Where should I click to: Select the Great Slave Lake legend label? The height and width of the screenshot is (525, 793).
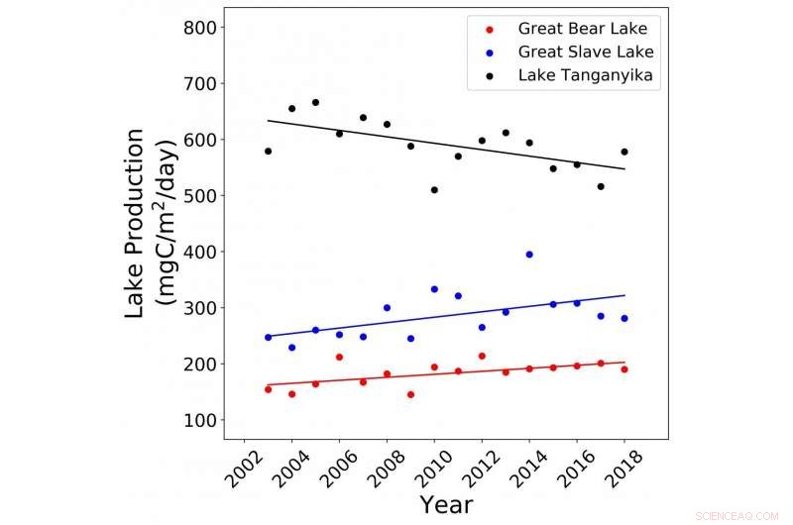coord(586,52)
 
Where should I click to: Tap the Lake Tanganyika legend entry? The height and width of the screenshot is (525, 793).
coord(586,75)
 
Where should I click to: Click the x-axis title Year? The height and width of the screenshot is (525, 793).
coord(445,505)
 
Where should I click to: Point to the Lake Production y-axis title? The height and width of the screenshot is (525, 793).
coord(148,223)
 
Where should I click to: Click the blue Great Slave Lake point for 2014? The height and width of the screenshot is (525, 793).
coord(529,255)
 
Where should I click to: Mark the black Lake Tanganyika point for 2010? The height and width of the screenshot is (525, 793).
coord(434,190)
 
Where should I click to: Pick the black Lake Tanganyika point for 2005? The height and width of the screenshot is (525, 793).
coord(315,102)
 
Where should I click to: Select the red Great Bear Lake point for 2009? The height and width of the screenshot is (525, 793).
coord(410,394)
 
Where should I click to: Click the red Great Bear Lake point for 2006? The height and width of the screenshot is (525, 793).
coord(339,357)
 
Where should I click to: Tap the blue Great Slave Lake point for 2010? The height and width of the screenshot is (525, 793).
coord(434,289)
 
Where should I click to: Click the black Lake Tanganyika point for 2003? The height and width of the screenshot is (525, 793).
coord(268,152)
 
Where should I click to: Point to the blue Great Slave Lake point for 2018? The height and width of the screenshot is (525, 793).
coord(624,318)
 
